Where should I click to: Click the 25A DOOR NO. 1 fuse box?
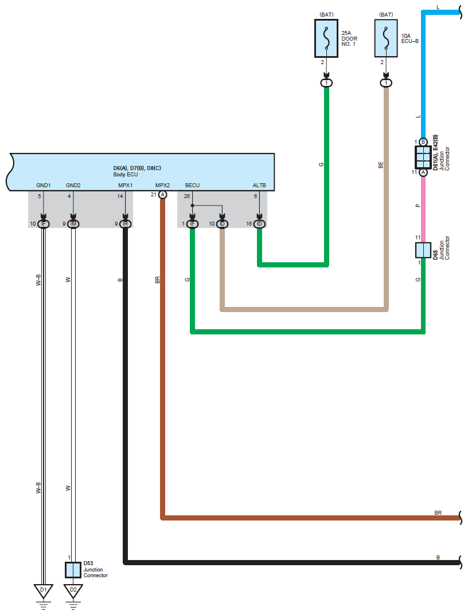tap(326, 38)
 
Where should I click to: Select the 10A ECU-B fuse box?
tap(386, 38)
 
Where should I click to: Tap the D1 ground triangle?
tap(43, 591)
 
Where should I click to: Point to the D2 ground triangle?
tap(73, 591)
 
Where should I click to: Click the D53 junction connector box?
tap(73, 570)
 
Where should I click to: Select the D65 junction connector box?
tap(423, 250)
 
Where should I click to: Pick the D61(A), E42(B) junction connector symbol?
tap(423, 157)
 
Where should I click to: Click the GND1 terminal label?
tap(43, 185)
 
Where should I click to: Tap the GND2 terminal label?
tap(73, 185)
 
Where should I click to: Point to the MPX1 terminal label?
tap(126, 185)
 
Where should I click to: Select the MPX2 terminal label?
tap(162, 185)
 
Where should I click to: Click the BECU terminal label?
tap(192, 185)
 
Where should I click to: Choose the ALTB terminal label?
tap(259, 185)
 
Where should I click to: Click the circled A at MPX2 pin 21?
tap(162, 195)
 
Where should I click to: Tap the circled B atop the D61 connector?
tap(423, 142)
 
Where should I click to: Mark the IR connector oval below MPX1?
tap(126, 224)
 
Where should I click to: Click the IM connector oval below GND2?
tap(73, 224)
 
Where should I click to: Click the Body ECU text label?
tap(126, 175)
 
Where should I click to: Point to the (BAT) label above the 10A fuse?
tap(386, 14)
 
